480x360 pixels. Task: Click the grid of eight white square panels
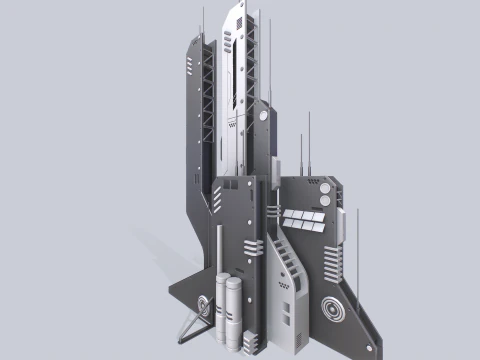click(302, 219)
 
